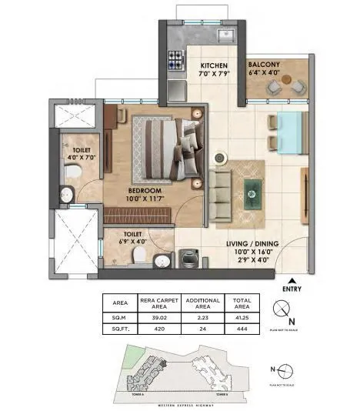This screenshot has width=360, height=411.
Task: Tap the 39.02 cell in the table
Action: (x=159, y=316)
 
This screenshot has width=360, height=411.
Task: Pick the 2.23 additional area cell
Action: (x=203, y=316)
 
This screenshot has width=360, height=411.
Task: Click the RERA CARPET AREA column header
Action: (x=159, y=302)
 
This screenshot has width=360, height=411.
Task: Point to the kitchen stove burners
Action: (x=175, y=57)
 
